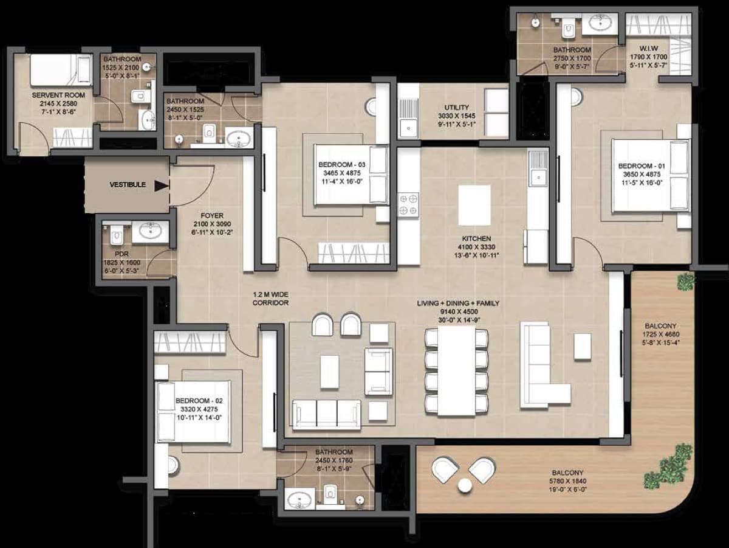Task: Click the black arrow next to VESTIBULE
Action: pos(162,186)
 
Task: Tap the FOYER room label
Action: pos(212,215)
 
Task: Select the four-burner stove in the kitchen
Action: pos(408,205)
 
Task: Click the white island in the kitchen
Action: pos(474,205)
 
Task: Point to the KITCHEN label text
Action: pos(476,238)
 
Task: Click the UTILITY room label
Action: pos(457,108)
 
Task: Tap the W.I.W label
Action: pos(649,49)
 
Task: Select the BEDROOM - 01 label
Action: pos(642,166)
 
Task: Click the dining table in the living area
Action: pos(456,370)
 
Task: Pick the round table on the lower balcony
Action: pos(465,485)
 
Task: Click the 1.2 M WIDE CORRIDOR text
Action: pos(270,299)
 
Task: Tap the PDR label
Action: pos(122,254)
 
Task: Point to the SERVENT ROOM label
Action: pos(58,95)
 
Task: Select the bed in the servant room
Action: pos(61,70)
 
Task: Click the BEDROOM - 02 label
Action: pos(199,401)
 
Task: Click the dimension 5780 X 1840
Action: pos(567,481)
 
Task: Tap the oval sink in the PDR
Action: pos(150,231)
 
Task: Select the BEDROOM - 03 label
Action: pos(342,164)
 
